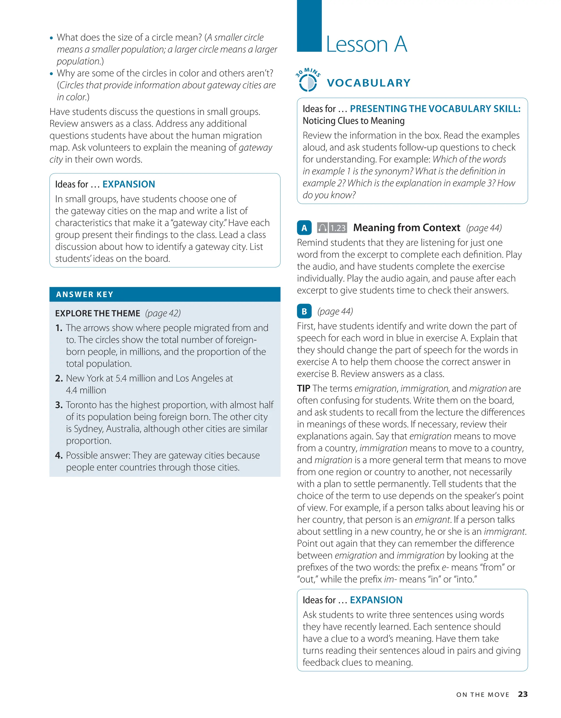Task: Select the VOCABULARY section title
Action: pos(368,83)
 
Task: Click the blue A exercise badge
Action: pos(304,228)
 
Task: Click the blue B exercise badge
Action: pos(304,311)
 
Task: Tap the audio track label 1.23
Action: pos(338,228)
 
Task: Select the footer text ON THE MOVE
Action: pos(482,695)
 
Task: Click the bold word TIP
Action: pos(303,388)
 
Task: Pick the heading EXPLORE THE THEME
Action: pos(98,313)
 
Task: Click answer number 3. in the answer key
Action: pos(59,405)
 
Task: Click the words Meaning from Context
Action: pos(407,227)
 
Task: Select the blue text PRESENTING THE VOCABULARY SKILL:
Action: pos(435,109)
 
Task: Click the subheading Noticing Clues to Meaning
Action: pos(353,121)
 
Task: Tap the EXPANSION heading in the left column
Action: pos(128,184)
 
